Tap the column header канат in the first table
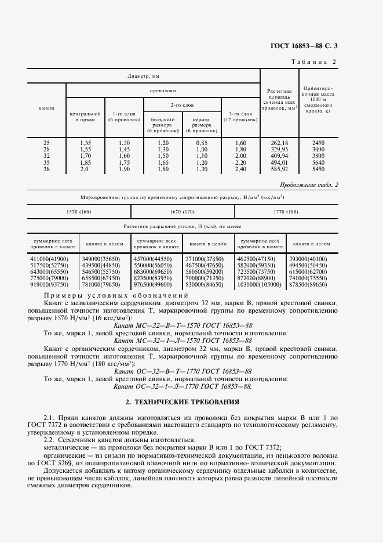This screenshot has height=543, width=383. (x=46, y=108)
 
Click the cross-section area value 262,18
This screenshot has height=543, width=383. (x=279, y=142)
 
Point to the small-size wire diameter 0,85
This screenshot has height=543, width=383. (x=201, y=142)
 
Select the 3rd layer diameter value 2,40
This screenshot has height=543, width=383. (x=240, y=169)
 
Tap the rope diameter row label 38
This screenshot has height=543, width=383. (x=46, y=169)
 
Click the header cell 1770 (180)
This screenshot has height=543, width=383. (x=286, y=212)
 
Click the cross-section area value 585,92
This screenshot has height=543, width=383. (x=279, y=169)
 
